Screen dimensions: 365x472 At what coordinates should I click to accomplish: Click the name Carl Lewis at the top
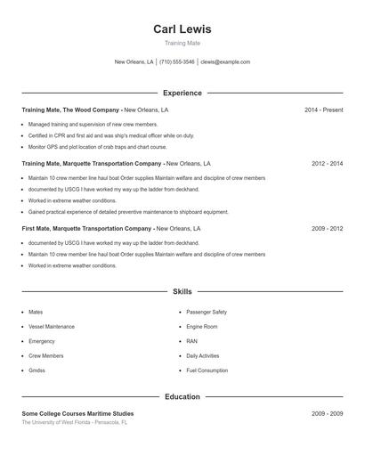click(x=182, y=29)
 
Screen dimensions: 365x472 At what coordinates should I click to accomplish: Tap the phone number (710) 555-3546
click(x=177, y=62)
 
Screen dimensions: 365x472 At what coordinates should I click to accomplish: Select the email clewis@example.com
click(x=225, y=62)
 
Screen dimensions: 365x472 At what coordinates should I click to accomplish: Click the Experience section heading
click(x=182, y=93)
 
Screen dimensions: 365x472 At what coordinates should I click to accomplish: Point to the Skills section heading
click(x=182, y=291)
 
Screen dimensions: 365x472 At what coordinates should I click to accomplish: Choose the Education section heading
click(x=182, y=396)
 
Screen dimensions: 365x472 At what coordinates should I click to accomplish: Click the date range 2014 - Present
click(x=323, y=110)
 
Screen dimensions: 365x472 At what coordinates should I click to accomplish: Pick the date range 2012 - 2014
click(x=327, y=164)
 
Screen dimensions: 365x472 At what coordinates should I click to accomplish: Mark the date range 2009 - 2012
click(x=327, y=228)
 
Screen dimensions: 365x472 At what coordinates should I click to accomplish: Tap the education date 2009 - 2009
click(x=327, y=414)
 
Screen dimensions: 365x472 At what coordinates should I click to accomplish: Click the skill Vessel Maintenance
click(x=52, y=327)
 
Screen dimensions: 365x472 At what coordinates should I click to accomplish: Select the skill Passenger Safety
click(x=207, y=313)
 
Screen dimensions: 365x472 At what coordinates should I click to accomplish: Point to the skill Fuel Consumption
click(x=207, y=370)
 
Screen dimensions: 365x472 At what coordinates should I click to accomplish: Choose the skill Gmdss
click(x=36, y=370)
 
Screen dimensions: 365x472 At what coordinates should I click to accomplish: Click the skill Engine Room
click(x=202, y=327)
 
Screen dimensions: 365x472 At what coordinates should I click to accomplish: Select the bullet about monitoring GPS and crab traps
click(x=97, y=147)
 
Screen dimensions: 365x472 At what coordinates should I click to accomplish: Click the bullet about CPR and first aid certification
click(x=110, y=135)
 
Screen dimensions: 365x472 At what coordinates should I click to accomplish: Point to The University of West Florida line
click(x=75, y=422)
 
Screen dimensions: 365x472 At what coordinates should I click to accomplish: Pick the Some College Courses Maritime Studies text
click(x=78, y=414)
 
